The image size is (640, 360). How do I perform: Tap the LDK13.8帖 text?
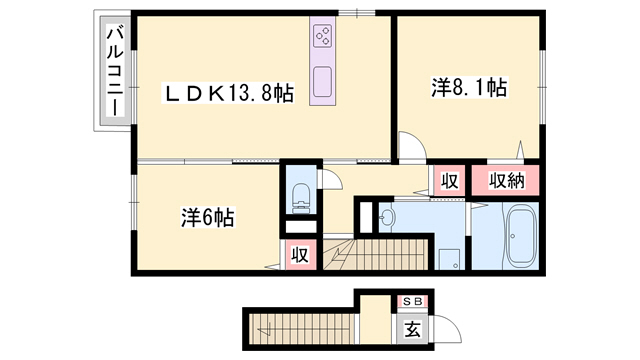[230, 95]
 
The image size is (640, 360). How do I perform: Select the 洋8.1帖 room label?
[469, 88]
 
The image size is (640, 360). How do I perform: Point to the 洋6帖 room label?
[207, 215]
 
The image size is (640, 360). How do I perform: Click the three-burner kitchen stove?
[324, 38]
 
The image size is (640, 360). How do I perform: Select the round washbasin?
[387, 215]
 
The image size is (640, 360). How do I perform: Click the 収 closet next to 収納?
[450, 181]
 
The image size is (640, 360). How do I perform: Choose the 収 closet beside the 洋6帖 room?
[299, 254]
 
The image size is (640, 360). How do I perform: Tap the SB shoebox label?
[412, 301]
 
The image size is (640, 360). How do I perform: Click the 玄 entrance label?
[412, 327]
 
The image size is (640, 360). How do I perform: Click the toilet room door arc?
[329, 180]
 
